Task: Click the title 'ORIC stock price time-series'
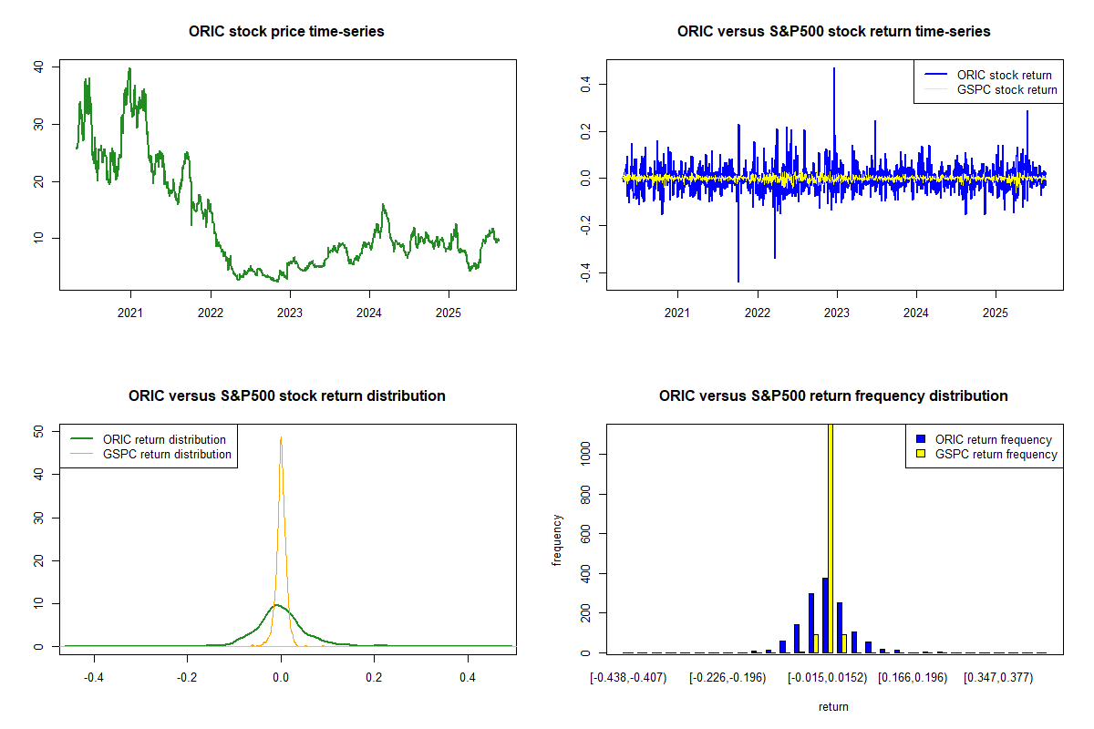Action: coord(286,32)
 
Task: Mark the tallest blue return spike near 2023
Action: coord(833,69)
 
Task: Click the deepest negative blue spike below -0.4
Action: coord(738,281)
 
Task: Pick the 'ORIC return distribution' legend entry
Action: coord(164,439)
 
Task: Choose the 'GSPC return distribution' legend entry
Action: coord(167,454)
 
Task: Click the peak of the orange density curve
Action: coord(281,437)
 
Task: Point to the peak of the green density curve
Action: coord(276,604)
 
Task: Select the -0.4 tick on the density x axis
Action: coord(94,678)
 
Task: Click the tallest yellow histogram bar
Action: coord(830,538)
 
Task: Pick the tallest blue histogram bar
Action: coord(825,615)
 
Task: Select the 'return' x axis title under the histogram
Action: coord(833,706)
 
